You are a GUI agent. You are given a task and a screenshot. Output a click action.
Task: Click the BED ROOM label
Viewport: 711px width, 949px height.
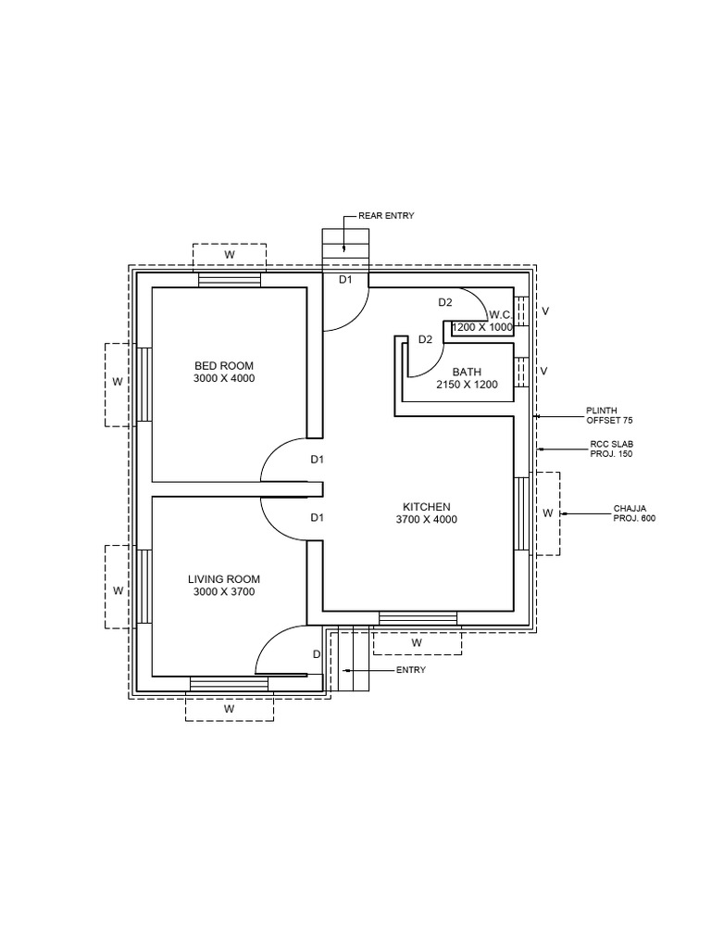[223, 366]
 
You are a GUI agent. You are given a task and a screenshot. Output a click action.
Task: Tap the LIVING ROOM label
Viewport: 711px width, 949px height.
[223, 579]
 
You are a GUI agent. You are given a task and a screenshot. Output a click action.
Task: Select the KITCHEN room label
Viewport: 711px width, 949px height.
[426, 507]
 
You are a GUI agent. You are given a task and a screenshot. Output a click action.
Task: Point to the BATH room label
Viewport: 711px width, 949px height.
[467, 373]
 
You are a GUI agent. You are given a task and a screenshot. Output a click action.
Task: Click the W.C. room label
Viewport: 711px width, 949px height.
[501, 315]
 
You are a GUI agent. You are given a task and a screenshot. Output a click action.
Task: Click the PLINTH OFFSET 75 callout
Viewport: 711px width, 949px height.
[609, 415]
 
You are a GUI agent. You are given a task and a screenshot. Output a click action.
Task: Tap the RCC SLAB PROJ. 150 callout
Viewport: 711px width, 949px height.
[612, 449]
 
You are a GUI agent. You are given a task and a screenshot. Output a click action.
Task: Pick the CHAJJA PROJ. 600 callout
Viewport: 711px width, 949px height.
[634, 513]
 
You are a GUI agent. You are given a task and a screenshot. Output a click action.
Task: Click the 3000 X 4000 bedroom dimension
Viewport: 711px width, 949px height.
[223, 378]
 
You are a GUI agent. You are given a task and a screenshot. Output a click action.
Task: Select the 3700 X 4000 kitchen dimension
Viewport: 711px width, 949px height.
[426, 519]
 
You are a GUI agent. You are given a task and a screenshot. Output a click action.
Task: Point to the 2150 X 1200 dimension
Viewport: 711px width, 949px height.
[467, 384]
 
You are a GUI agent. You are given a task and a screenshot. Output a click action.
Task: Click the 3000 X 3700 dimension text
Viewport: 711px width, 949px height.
[223, 591]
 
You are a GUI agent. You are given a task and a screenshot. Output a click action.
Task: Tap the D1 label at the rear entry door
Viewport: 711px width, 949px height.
[344, 279]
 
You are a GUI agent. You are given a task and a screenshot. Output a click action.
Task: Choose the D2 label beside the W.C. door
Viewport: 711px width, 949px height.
[445, 302]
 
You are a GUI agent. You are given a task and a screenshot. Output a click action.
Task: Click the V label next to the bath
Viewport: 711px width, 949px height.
[544, 371]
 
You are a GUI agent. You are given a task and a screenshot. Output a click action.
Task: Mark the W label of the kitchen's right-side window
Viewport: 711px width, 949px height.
[547, 512]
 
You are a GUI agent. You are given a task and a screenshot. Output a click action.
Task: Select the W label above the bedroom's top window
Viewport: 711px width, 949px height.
[229, 254]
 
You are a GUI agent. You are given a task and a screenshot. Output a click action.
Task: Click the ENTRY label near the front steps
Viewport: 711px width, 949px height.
[410, 670]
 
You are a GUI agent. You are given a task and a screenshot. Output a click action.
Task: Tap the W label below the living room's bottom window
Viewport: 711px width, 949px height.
[229, 708]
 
